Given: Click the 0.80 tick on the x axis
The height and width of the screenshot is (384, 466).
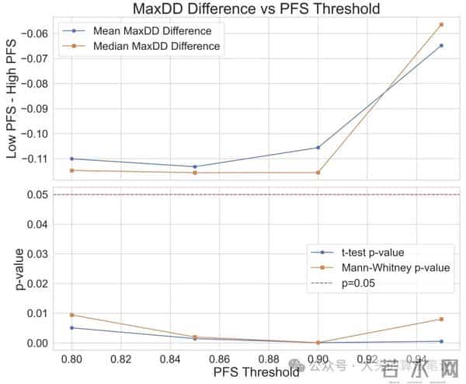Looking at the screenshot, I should (72, 360).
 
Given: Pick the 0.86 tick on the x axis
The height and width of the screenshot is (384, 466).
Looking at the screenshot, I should (220, 360).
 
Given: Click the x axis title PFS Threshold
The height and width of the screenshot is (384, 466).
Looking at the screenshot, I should (256, 372).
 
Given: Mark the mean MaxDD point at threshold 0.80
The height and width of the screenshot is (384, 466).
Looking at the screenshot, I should (72, 159).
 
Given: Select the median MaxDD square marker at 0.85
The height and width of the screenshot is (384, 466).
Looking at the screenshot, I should (195, 173).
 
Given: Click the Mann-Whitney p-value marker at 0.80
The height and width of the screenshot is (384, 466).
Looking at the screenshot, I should (72, 315).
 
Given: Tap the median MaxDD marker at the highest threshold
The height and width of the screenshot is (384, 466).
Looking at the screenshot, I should (441, 24).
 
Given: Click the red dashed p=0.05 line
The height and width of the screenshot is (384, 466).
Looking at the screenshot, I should (233, 194).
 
